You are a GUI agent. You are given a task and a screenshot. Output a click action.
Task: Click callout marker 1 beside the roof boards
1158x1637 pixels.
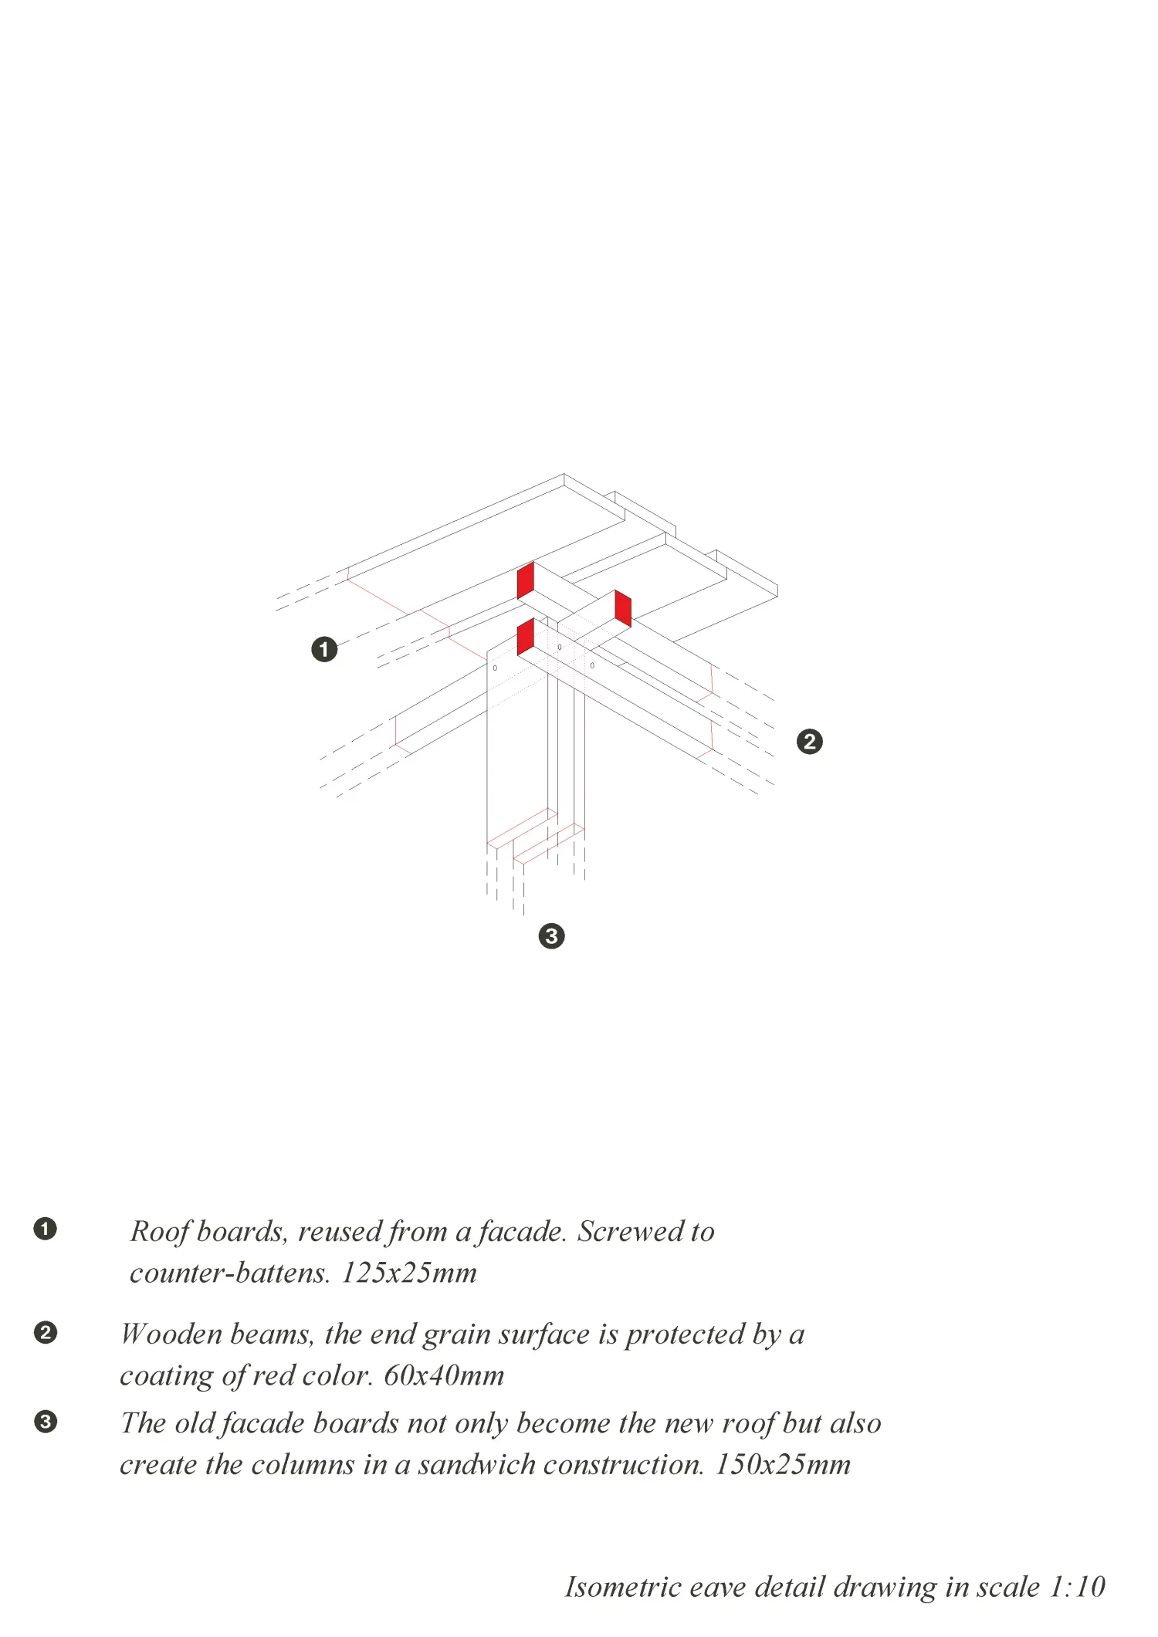pos(324,649)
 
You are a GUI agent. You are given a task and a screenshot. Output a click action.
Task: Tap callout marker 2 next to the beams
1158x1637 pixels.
pos(809,742)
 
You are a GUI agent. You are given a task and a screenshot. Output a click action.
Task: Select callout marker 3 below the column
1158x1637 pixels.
pos(551,936)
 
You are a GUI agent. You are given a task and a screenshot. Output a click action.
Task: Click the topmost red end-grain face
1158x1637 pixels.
pos(526,580)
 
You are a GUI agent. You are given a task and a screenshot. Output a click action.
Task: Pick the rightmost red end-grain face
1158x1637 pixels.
pos(623,608)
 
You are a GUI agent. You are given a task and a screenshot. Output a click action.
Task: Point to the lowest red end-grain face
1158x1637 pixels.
pos(526,637)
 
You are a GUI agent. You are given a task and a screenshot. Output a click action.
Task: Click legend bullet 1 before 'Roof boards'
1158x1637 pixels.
pos(46,1229)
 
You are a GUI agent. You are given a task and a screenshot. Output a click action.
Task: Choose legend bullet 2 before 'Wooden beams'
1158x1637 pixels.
pos(46,1333)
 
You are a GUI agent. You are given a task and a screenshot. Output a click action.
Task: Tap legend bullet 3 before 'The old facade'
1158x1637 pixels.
pos(46,1422)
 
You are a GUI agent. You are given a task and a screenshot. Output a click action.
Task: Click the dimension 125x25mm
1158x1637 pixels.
pos(409,1273)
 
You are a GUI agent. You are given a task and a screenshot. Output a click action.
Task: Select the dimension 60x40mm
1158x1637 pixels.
pos(444,1375)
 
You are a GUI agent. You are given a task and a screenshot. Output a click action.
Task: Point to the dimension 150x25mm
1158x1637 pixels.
pos(783,1464)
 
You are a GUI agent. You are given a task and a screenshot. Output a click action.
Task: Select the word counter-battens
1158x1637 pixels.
pos(230,1273)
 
